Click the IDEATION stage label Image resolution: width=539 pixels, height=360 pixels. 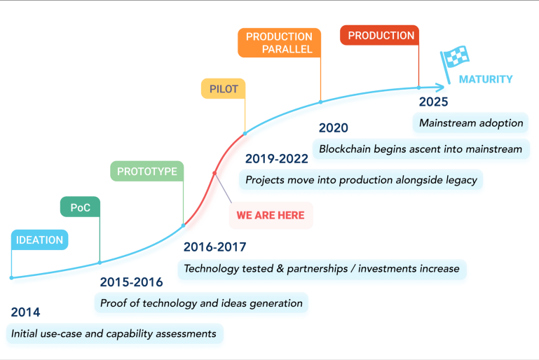39,240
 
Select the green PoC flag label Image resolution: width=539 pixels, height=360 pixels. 80,207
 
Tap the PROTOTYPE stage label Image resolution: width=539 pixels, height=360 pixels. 146,171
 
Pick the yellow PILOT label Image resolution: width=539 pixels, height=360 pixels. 224,89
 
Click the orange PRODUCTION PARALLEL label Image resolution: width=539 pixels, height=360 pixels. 279,43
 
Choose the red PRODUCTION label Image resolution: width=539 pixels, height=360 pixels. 379,35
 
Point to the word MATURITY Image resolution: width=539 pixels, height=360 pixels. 485,79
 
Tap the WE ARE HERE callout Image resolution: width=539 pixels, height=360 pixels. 271,215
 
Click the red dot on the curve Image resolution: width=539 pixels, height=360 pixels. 214,173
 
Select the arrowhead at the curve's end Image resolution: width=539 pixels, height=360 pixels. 440,88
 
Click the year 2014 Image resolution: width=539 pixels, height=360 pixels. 25,312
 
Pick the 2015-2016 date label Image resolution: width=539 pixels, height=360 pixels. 131,282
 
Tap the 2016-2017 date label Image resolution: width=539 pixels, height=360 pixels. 215,247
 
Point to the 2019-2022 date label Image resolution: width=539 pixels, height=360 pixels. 277,159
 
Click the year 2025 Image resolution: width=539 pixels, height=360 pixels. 433,102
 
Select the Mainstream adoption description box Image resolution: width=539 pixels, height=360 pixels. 470,123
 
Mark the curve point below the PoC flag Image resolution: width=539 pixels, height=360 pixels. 100,263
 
